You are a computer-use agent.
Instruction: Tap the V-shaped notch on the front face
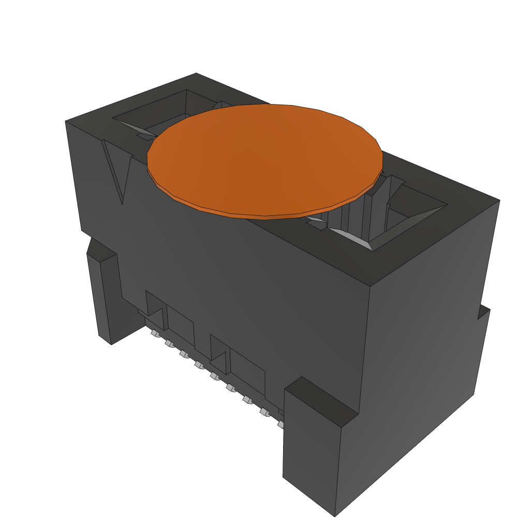(x=117, y=171)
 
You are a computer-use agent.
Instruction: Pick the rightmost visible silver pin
(x=281, y=424)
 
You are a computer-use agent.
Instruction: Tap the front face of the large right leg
(x=310, y=450)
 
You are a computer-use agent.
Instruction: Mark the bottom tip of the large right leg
(x=334, y=515)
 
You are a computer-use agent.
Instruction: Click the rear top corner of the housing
(x=197, y=74)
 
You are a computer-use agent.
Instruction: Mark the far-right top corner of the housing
(x=499, y=200)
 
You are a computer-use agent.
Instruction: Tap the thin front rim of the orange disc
(x=264, y=215)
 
